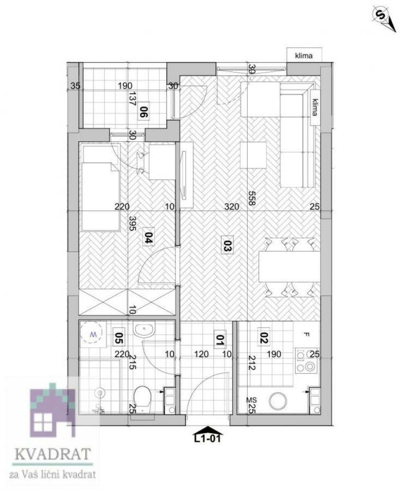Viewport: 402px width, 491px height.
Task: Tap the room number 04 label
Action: coord(148,236)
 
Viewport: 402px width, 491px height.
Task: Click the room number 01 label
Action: coord(220,340)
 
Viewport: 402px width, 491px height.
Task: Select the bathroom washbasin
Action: coord(144,329)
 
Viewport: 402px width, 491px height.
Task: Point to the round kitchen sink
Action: coord(278,401)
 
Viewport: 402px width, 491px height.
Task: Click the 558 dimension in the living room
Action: coord(251,198)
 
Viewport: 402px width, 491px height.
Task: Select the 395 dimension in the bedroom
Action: coord(132,223)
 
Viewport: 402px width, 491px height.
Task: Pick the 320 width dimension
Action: coord(231,206)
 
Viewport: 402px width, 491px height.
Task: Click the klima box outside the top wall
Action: coord(304,55)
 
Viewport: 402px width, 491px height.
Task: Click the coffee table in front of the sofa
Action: coord(253,155)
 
